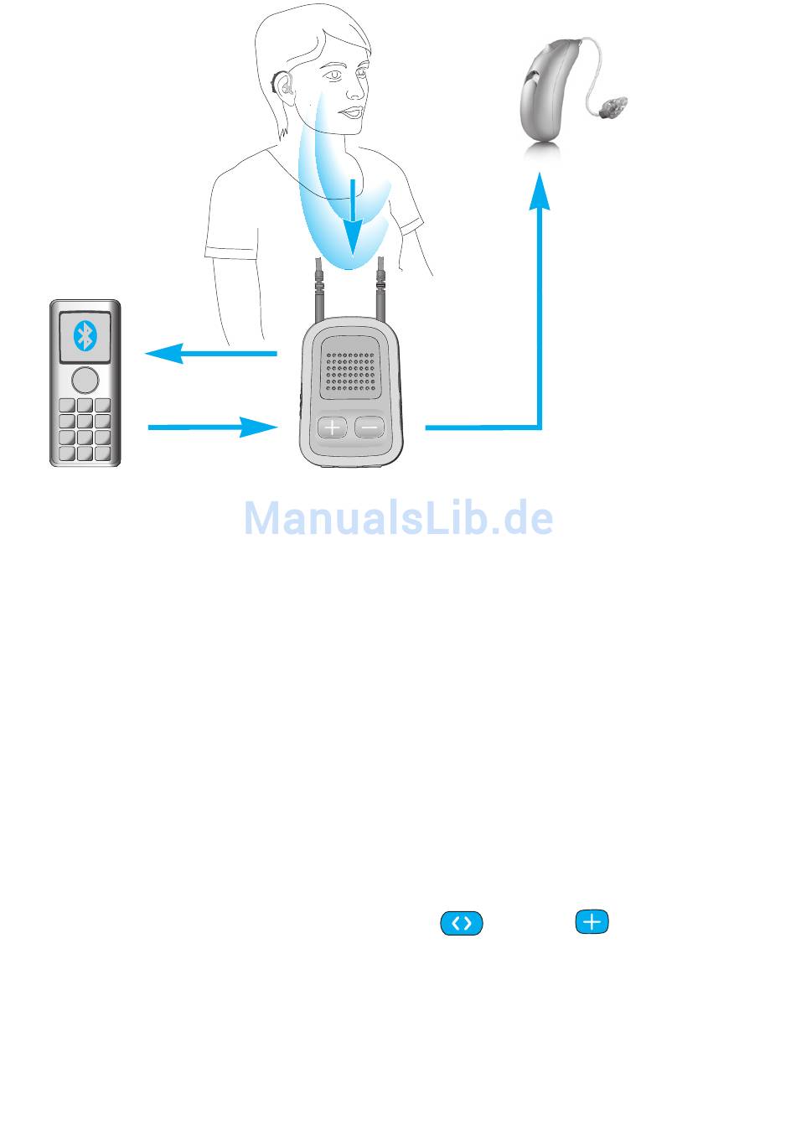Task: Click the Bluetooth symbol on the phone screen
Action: [85, 336]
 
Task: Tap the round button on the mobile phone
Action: [85, 380]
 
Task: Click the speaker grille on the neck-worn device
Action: [350, 371]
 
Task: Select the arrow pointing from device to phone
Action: [211, 353]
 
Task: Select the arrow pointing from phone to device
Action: [213, 428]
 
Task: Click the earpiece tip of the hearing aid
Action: [613, 108]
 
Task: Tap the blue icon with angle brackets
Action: [461, 923]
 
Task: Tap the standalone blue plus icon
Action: [592, 921]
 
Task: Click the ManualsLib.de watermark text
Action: [399, 518]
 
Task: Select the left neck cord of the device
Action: [318, 290]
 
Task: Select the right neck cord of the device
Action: [381, 290]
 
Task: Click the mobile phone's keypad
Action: [85, 429]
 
